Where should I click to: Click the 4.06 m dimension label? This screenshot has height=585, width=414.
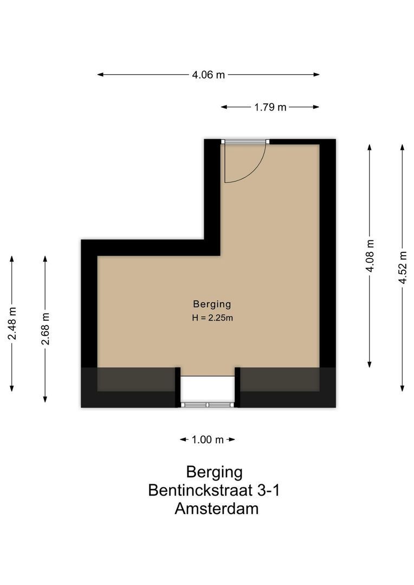[x=208, y=75]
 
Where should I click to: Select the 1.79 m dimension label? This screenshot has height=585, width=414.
[x=270, y=107]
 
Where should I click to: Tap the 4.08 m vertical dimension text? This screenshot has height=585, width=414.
[x=370, y=256]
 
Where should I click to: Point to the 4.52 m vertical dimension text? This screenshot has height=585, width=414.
[x=402, y=268]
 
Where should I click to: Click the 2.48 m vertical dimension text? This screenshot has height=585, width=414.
[x=12, y=323]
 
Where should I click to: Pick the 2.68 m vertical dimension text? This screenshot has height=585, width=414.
[x=45, y=329]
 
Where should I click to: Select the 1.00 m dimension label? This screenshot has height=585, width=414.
[x=208, y=440]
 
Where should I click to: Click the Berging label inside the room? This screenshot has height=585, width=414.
[x=212, y=304]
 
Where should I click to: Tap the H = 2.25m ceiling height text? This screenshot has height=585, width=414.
[x=212, y=318]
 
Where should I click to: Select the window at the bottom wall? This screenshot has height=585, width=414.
[x=208, y=404]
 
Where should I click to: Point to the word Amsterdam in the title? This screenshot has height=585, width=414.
[x=216, y=509]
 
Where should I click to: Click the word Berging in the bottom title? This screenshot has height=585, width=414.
[x=214, y=472]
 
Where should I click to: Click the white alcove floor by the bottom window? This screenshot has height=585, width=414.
[x=208, y=387]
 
